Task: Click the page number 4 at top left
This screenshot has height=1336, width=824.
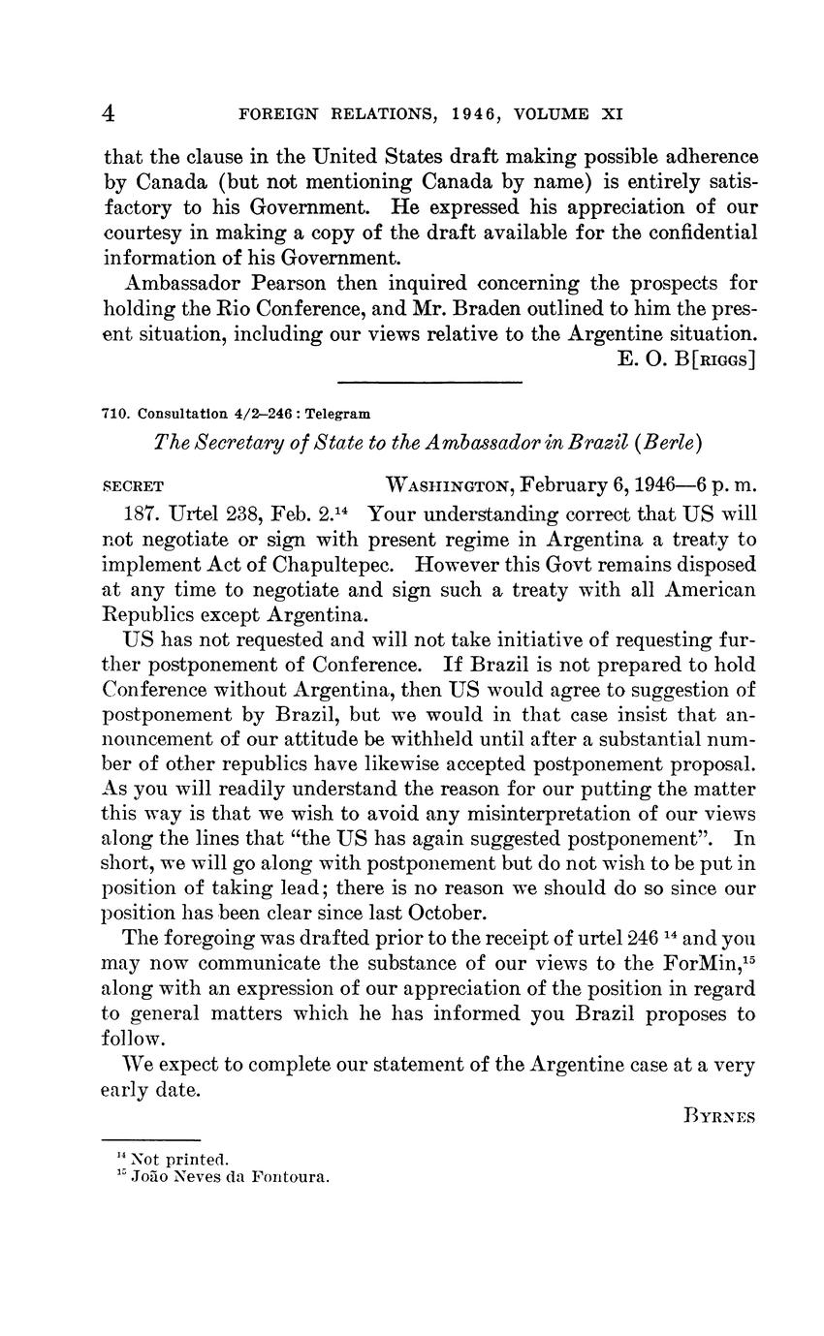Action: point(110,113)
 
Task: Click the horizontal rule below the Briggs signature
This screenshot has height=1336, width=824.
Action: point(429,382)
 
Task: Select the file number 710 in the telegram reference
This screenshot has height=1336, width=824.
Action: point(114,414)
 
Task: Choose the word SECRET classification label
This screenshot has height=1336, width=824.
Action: point(133,484)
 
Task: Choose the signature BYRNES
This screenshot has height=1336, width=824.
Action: point(718,1115)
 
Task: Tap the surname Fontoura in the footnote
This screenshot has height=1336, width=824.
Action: point(289,1178)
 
